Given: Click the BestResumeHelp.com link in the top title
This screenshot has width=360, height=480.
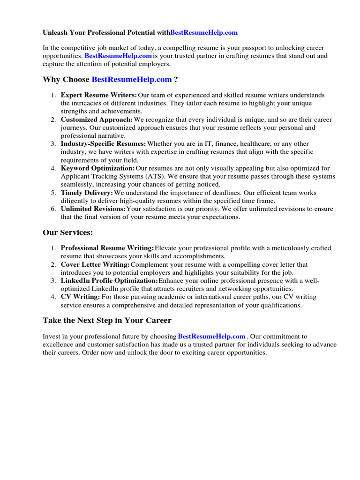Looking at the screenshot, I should tap(204, 32).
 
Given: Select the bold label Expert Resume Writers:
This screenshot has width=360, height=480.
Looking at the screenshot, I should tap(99, 95).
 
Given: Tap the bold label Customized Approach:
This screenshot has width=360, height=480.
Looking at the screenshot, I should tap(97, 120).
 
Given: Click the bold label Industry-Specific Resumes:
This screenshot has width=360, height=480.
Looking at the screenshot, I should tap(103, 144).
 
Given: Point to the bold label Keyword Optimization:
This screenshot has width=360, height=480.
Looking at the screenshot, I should tap(97, 168).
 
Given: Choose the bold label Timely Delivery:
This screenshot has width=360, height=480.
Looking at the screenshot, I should tap(87, 193).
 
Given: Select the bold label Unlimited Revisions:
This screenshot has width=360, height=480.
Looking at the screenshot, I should tap(93, 209).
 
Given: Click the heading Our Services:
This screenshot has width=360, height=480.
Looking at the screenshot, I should tap(68, 232).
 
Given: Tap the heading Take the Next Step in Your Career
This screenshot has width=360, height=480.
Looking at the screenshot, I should tap(107, 321).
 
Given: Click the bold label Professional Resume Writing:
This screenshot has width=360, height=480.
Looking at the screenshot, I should tap(107, 248).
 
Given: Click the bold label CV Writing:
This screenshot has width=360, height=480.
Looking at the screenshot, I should tap(80, 297).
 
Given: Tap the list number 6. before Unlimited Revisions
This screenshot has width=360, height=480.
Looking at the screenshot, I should tap(53, 209).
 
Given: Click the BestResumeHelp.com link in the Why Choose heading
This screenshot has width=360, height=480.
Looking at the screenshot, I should tap(132, 80).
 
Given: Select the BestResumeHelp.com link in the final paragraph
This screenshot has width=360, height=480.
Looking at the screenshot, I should tap(212, 337).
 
